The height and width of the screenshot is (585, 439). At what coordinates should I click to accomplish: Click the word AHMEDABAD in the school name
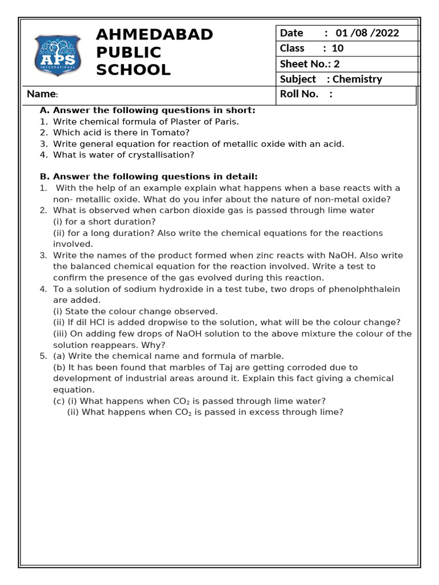click(x=154, y=34)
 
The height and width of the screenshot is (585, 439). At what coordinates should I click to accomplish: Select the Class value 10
click(x=337, y=49)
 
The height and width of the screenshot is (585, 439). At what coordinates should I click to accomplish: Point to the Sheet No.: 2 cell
click(x=310, y=64)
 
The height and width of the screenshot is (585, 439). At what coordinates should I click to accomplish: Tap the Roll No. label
click(x=299, y=94)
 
